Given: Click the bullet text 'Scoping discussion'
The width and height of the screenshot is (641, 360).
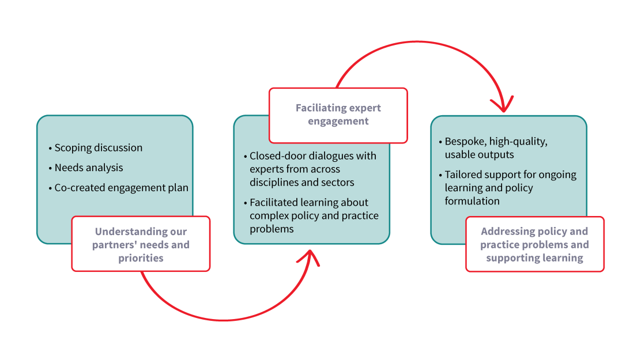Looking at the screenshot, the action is click(99, 147).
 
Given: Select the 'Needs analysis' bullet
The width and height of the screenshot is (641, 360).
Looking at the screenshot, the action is click(89, 168).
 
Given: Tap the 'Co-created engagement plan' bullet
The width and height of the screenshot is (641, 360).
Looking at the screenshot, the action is click(122, 188).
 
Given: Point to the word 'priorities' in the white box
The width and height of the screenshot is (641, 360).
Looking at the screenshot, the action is click(141, 258).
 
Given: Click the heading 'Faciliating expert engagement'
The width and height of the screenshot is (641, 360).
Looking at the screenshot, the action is click(338, 115).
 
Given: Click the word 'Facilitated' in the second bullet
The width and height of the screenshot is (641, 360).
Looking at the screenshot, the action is click(273, 202).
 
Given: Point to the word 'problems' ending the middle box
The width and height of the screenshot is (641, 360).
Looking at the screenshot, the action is click(272, 229).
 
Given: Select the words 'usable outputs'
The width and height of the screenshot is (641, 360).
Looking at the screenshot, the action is click(480, 154).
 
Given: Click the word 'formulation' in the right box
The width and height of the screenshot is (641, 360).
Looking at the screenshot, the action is click(472, 201).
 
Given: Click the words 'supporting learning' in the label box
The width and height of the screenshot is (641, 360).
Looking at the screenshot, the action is click(535, 258).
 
